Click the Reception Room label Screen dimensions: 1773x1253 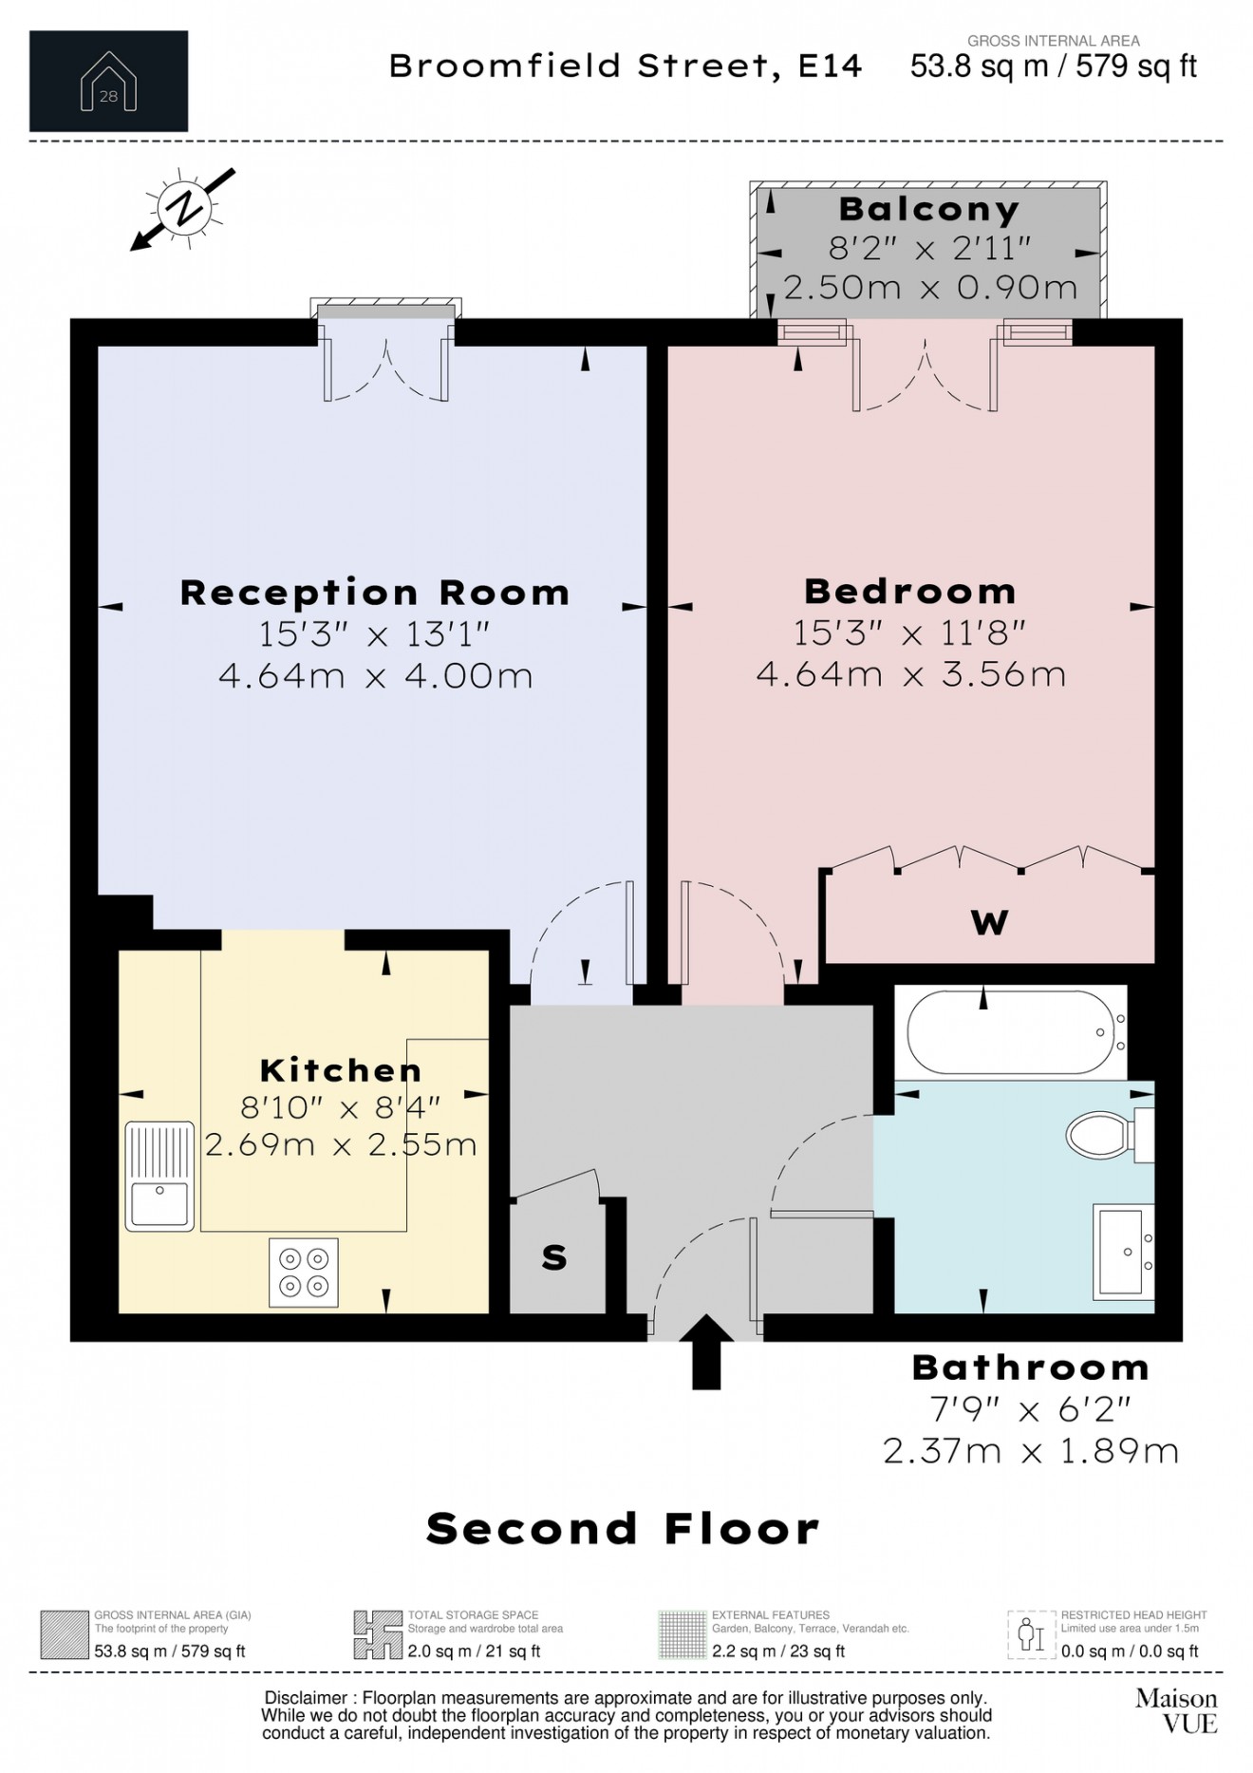pos(375,593)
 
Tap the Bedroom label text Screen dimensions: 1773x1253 pos(909,592)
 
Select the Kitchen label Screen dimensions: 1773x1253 pos(341,1070)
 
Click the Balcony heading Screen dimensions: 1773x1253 pos(928,209)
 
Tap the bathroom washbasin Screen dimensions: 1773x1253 pos(1124,1252)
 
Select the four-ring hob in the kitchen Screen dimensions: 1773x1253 pos(304,1273)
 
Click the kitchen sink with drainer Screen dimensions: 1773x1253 pos(159,1176)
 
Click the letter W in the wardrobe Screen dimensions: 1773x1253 pos(989,922)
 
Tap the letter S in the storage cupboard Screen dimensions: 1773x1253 pos(554,1258)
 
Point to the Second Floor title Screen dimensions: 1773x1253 pos(622,1529)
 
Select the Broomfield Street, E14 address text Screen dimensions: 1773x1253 pos(626,66)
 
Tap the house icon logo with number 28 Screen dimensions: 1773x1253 pos(108,82)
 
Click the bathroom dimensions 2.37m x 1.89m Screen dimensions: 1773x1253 pos(1030,1451)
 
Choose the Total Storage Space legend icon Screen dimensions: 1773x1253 pos(377,1634)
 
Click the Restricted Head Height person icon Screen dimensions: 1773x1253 pos(1031,1634)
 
